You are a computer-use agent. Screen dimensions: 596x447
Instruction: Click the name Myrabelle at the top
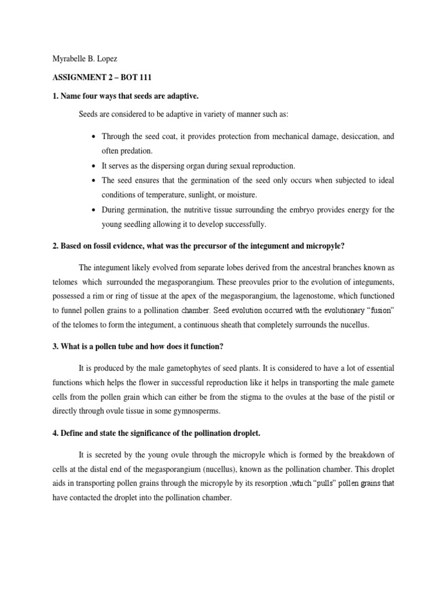[62, 60]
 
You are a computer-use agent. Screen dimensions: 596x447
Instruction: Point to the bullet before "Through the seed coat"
[94, 137]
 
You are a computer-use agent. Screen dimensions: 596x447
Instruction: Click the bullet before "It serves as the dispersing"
[94, 166]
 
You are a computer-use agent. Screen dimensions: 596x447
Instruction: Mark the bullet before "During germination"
[94, 210]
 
